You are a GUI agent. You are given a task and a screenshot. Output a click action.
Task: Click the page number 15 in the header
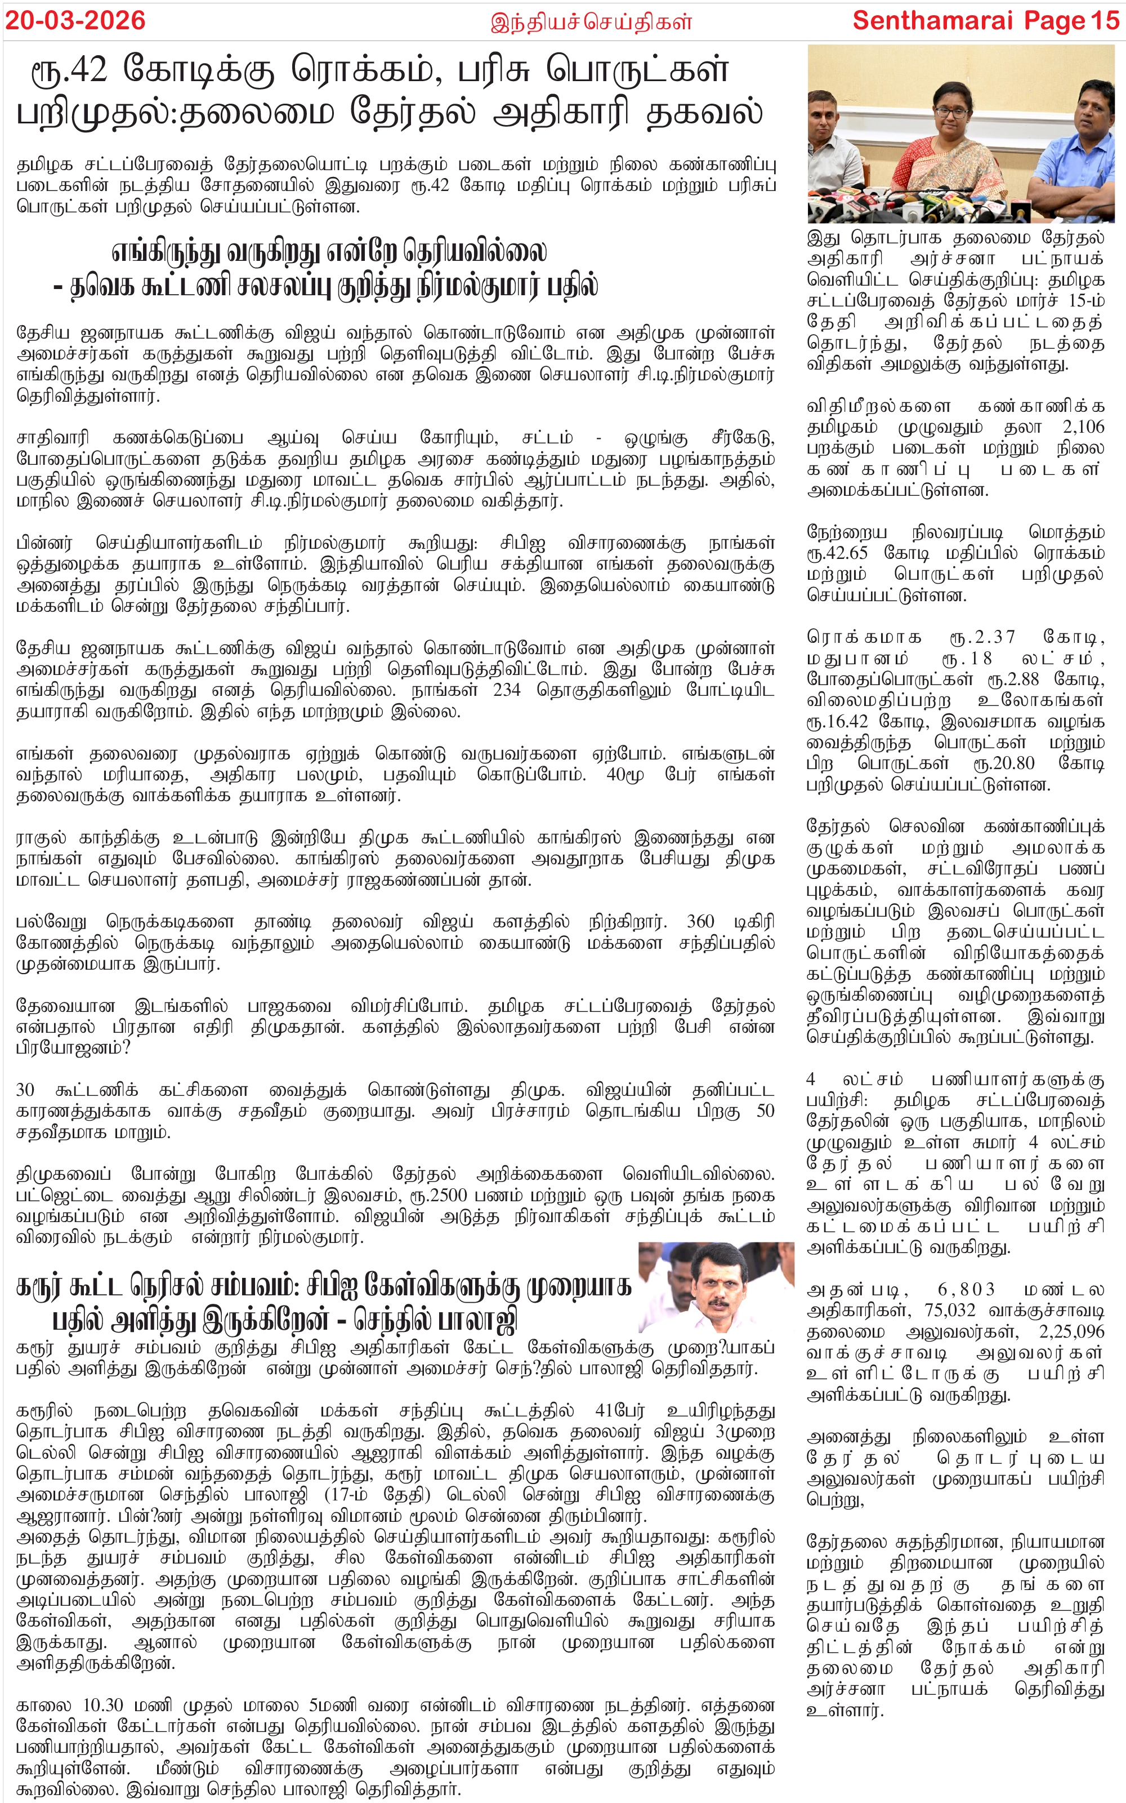coord(1105,20)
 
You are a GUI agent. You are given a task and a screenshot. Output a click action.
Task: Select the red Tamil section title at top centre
coord(591,21)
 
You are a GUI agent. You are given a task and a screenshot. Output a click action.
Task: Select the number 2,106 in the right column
coord(1084,427)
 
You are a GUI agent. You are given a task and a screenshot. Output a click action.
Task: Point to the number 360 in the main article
coord(700,922)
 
